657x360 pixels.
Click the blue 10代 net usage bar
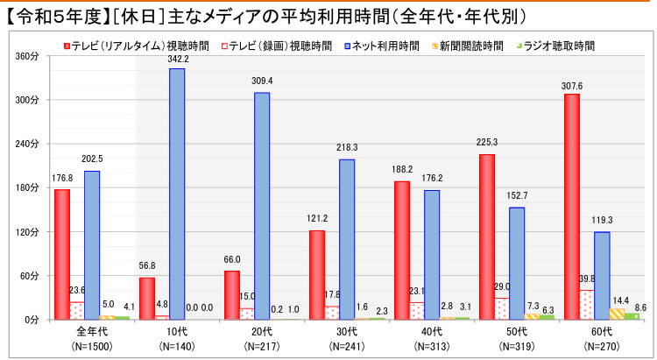point(177,194)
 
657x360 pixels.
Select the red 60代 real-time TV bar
point(571,207)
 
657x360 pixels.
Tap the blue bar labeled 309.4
point(262,206)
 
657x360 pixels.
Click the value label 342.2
point(178,59)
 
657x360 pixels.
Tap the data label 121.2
point(317,221)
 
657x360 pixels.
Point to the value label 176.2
point(431,180)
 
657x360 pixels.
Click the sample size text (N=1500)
point(91,346)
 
